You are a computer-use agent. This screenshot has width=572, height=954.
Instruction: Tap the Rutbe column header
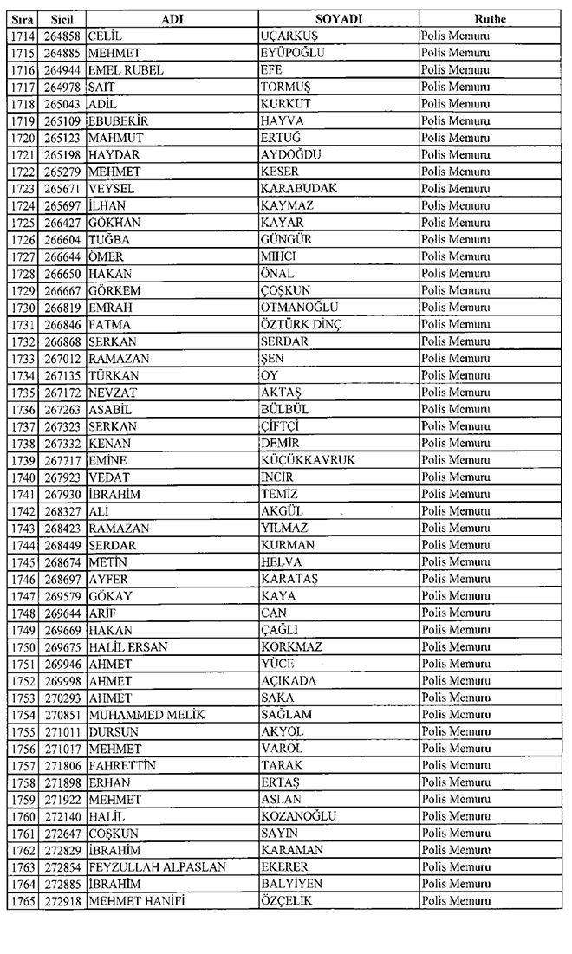click(x=491, y=18)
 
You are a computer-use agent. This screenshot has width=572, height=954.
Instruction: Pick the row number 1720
click(x=18, y=137)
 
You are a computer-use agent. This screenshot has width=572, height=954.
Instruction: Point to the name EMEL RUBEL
click(x=126, y=69)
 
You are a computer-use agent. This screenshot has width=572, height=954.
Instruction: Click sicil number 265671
click(x=61, y=188)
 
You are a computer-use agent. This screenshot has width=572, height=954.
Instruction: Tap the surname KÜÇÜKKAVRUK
click(x=308, y=459)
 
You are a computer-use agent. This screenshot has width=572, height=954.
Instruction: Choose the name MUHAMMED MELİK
click(x=145, y=714)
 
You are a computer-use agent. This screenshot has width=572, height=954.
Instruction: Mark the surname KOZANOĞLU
click(x=298, y=815)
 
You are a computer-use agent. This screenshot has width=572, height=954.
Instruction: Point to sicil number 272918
click(x=61, y=900)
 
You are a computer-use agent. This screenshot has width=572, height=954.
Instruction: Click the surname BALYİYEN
click(x=291, y=884)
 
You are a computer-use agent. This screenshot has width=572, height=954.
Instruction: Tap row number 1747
click(x=18, y=595)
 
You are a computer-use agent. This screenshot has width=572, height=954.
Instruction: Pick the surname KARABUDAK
click(x=298, y=188)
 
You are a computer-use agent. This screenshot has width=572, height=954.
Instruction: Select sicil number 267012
click(x=61, y=358)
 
